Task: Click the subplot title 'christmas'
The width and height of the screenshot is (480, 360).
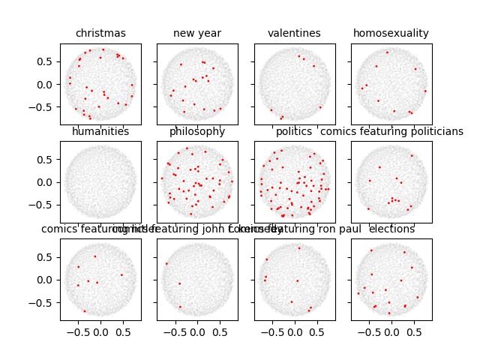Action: [100, 33]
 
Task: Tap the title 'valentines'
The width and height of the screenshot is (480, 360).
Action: [294, 33]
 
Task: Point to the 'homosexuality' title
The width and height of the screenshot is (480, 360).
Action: [391, 33]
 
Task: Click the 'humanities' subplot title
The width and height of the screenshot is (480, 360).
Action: [100, 132]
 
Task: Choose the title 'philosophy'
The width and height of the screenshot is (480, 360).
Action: [197, 132]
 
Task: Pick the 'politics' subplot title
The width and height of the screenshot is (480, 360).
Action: [294, 132]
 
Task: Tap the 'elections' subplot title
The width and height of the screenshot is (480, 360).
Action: [391, 229]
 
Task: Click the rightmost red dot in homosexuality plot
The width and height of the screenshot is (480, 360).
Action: [425, 91]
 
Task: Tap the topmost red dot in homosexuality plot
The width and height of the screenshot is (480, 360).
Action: [387, 52]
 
